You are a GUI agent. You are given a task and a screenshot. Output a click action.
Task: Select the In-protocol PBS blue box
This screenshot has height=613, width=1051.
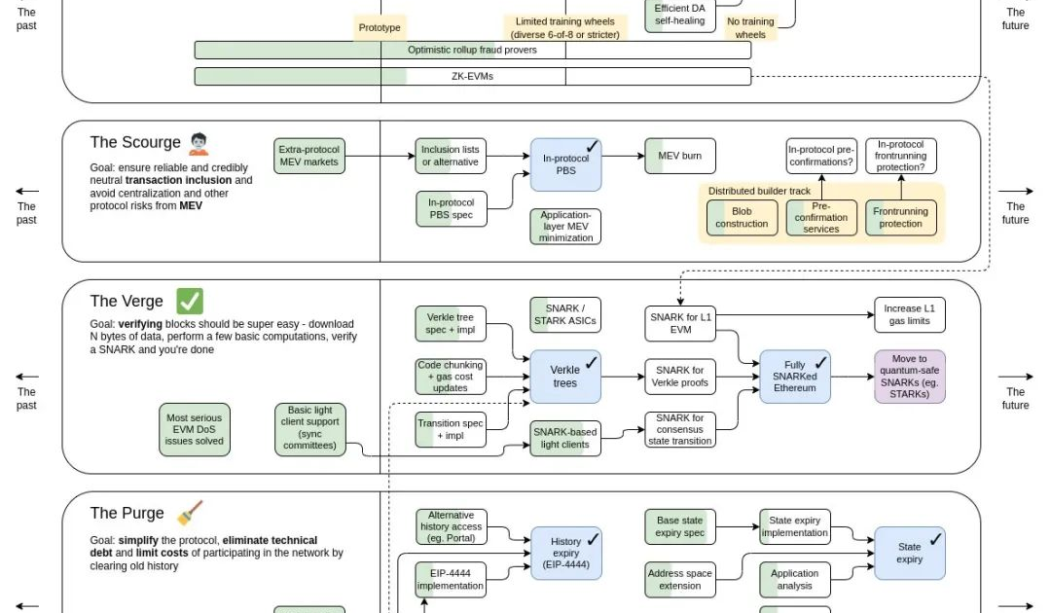(x=566, y=164)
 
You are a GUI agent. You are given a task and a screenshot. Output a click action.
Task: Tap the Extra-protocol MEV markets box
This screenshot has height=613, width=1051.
(x=309, y=156)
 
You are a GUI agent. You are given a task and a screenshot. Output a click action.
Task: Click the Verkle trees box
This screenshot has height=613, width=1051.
(x=565, y=377)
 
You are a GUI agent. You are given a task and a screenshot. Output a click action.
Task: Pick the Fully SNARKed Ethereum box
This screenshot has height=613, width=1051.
(x=794, y=377)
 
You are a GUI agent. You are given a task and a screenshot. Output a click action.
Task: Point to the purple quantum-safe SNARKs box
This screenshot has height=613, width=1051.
(x=910, y=377)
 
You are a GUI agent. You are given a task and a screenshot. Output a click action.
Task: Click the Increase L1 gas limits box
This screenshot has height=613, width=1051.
(x=909, y=314)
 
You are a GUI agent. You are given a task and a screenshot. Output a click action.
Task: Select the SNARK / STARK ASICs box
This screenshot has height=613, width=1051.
(x=564, y=314)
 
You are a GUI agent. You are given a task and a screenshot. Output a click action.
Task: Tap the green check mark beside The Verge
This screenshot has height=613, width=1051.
(x=190, y=302)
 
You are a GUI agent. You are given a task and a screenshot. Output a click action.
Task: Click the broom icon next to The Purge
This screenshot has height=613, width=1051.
(x=190, y=513)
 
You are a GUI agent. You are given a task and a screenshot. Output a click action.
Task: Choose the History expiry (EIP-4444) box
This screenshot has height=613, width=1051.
(x=565, y=554)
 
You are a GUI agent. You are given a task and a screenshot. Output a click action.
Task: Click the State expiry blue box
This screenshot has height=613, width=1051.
(x=909, y=554)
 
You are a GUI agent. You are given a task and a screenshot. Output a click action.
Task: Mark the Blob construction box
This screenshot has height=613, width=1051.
(x=742, y=218)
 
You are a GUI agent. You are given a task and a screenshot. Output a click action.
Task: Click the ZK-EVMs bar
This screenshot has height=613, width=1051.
(x=472, y=76)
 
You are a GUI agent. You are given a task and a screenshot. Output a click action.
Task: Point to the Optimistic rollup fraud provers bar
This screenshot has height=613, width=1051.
(x=472, y=50)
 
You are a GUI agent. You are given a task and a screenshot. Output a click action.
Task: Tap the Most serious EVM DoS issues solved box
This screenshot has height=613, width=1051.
(x=195, y=429)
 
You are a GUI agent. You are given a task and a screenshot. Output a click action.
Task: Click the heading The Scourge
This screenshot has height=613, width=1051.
(x=135, y=143)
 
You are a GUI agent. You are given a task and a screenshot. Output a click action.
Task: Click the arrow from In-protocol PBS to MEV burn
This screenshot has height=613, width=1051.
(x=623, y=156)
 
